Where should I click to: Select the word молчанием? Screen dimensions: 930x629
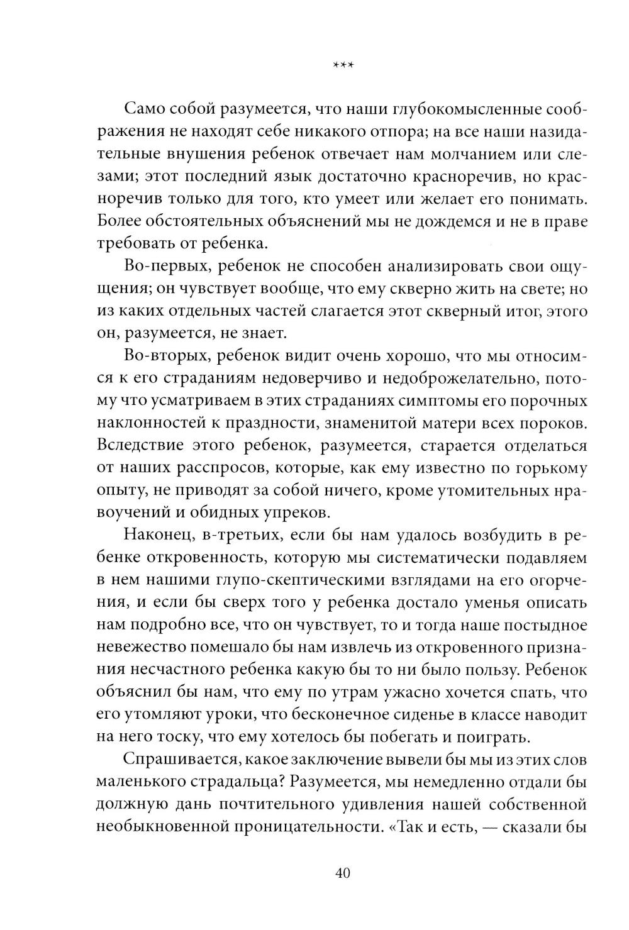[464, 154]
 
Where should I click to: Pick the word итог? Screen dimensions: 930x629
[519, 311]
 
